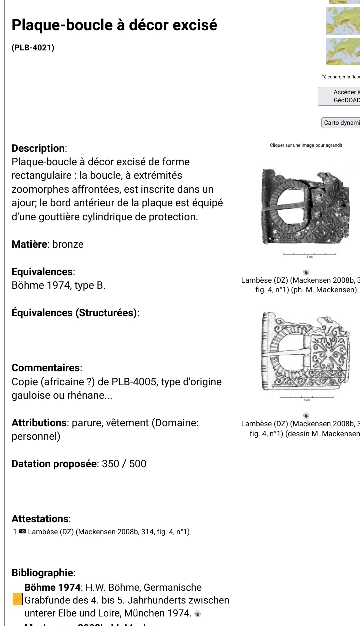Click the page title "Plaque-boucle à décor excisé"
coord(114,25)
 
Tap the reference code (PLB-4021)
coord(33,48)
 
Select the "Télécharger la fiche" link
coord(341,77)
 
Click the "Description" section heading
coord(39,148)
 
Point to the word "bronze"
coord(68,244)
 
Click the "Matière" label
coord(30,244)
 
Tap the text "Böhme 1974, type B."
coord(58,286)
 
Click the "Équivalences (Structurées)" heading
coord(75,313)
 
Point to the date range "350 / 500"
coord(124,464)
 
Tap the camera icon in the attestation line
coord(22,532)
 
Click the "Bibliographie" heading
coord(43,573)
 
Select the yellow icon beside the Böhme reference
coord(17,599)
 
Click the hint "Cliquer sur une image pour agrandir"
coord(306,145)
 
